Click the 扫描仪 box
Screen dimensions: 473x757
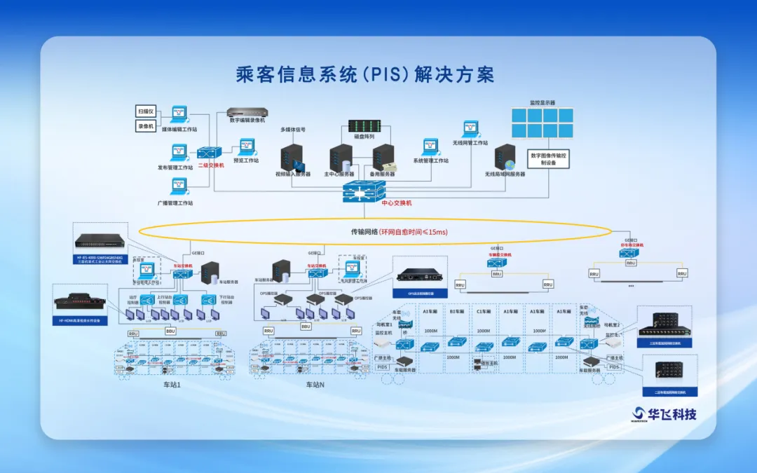(x=145, y=111)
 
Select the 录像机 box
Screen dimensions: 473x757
(x=145, y=126)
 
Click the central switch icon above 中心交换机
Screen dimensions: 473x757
(x=364, y=189)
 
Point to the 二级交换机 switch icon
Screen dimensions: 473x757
(x=210, y=152)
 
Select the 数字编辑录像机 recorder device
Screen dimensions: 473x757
(x=247, y=112)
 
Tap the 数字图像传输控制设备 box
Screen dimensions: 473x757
(x=549, y=159)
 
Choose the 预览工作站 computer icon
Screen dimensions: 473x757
(x=247, y=146)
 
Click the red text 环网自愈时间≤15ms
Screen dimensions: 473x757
(x=414, y=231)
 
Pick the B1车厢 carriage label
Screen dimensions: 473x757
(x=457, y=311)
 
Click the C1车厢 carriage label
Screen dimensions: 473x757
(x=484, y=311)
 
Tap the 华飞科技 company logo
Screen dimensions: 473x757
(x=665, y=413)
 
